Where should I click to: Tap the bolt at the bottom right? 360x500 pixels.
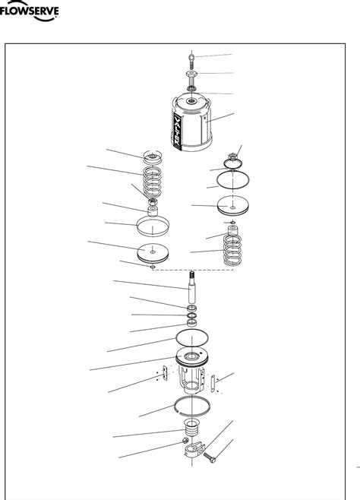coord(210,458)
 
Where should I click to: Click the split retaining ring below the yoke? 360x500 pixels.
coord(193,408)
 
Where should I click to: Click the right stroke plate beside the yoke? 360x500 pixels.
coord(215,382)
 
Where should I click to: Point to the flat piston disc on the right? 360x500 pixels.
coord(233,206)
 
